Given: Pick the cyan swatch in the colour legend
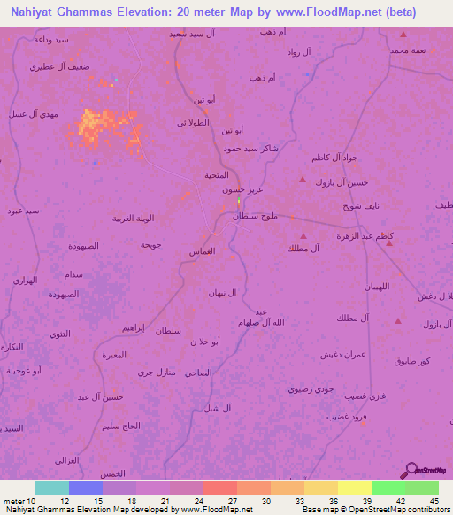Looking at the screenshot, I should pyautogui.click(x=51, y=488).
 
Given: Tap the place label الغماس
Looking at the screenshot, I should pyautogui.click(x=203, y=252).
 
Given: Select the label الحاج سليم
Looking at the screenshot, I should pyautogui.click(x=120, y=426).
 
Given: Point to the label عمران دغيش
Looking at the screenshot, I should pyautogui.click(x=339, y=354).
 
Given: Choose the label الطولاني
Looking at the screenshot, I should pyautogui.click(x=193, y=122).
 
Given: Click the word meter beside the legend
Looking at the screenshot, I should pyautogui.click(x=14, y=500).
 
